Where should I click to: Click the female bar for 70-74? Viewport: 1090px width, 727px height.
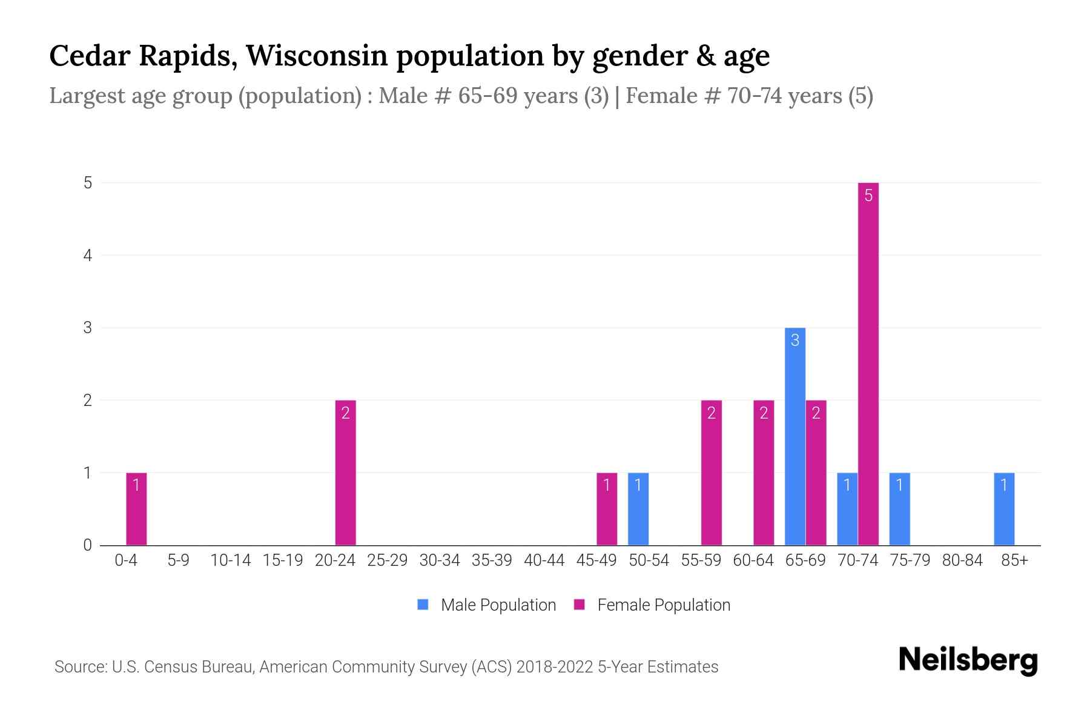coord(868,363)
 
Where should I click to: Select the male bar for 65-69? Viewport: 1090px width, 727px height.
coord(794,436)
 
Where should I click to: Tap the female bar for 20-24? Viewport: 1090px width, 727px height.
coord(345,473)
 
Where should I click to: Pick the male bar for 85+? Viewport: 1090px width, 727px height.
coord(1003,509)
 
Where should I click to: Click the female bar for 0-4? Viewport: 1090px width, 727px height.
coord(136,509)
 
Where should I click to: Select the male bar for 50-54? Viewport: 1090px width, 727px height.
coord(638,509)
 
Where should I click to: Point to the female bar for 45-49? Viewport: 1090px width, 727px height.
coord(607,509)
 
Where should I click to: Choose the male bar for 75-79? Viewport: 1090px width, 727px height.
coord(899,509)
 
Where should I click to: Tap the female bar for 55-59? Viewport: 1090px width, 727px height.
coord(711,473)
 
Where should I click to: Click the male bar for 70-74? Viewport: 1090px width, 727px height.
coord(847,509)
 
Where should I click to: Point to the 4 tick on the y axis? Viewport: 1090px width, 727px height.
coord(88,255)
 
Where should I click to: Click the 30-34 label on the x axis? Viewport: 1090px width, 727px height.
coord(440,560)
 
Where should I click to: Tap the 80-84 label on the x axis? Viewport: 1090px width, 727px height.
coord(962,560)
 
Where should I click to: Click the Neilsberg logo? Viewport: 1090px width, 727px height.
coord(968,660)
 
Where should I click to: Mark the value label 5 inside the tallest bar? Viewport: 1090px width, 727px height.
coord(868,196)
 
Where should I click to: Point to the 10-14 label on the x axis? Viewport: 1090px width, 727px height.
coord(230,560)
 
